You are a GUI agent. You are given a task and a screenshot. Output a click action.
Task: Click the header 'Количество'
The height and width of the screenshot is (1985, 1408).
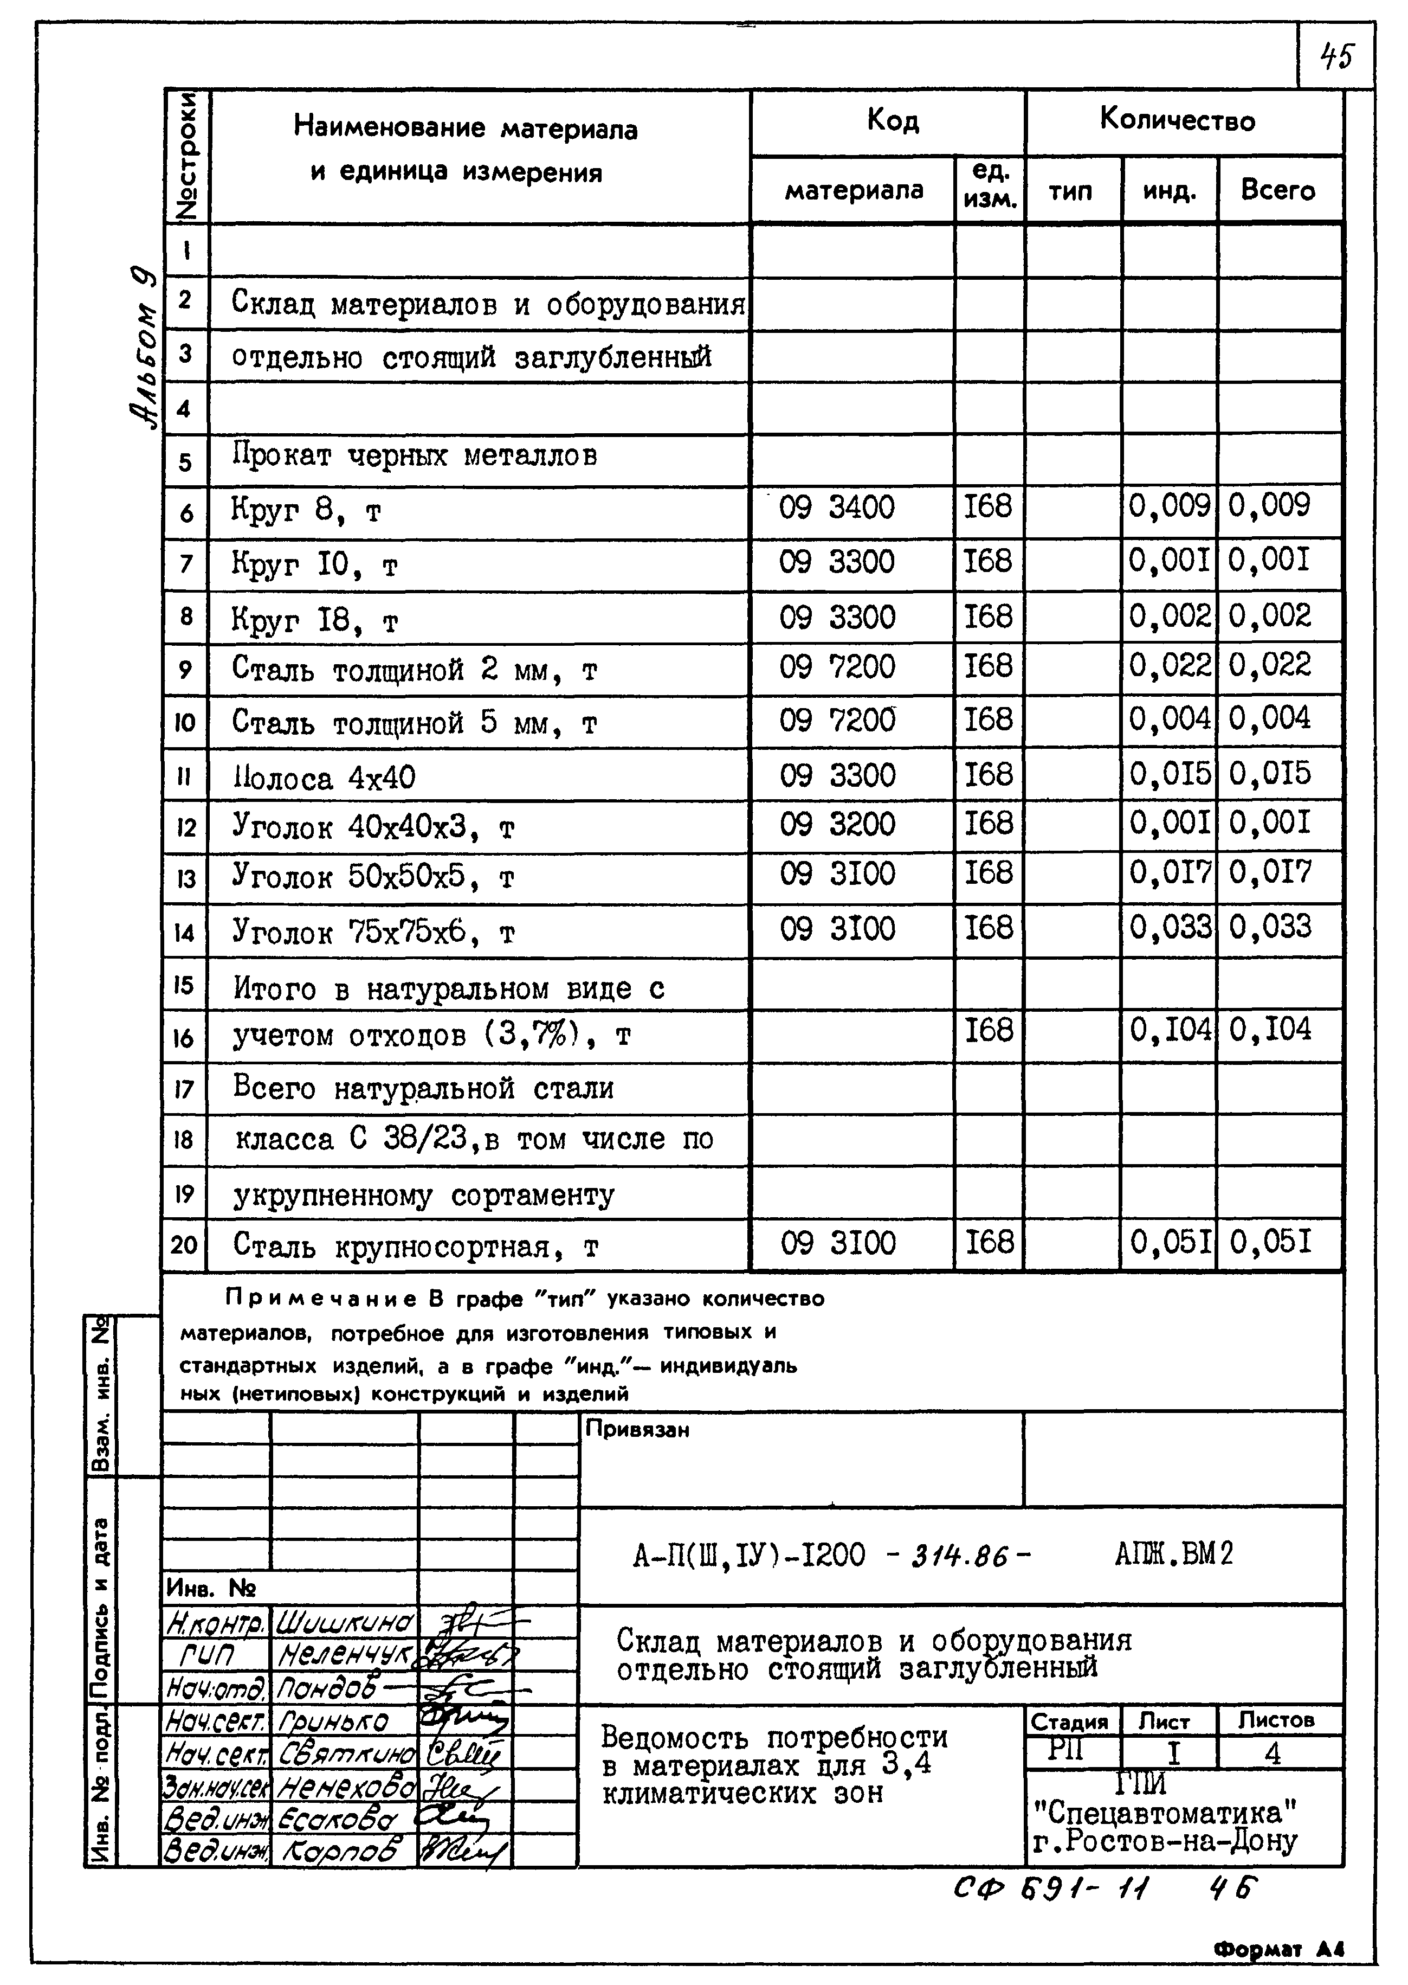[x=1177, y=120]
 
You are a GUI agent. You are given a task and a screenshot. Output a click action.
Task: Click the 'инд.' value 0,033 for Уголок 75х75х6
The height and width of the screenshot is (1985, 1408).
[x=1168, y=927]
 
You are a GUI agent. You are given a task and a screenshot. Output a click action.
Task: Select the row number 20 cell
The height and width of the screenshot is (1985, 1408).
[x=184, y=1245]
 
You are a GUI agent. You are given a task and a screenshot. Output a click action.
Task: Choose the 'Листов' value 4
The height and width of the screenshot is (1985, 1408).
[x=1272, y=1753]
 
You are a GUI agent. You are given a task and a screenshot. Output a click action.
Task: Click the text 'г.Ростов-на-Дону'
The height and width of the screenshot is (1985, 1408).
[x=1164, y=1841]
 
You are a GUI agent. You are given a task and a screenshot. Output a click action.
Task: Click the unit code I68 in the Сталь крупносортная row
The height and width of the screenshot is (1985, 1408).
[x=989, y=1243]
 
